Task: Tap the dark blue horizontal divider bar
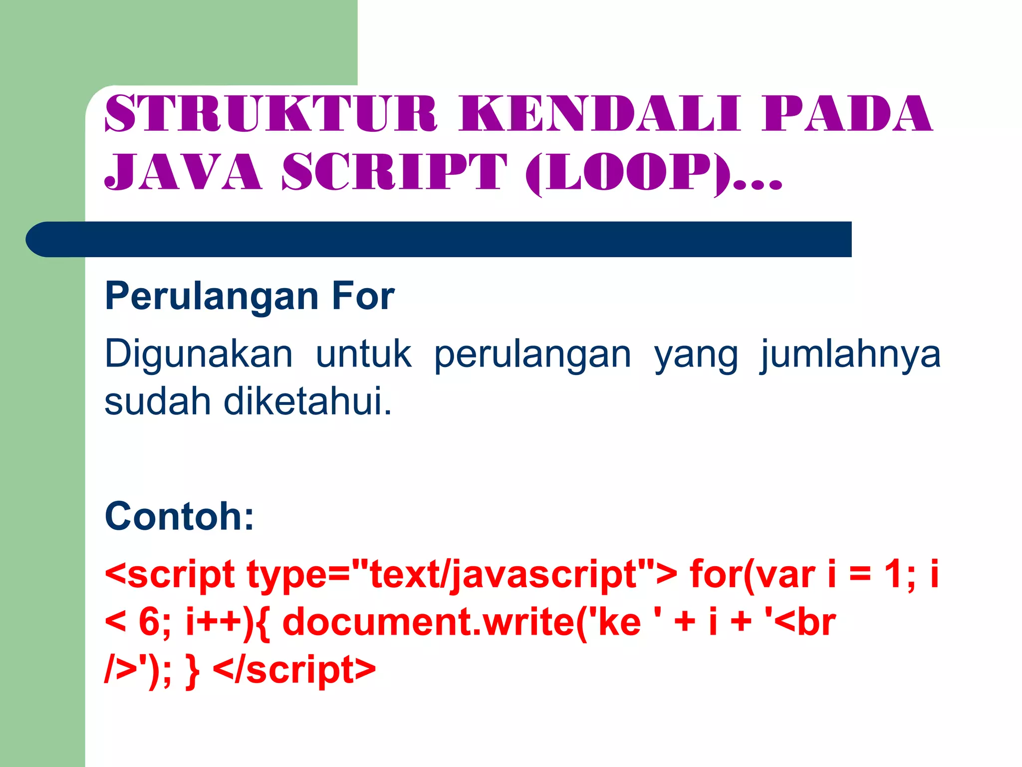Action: [x=439, y=239]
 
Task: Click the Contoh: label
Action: [x=180, y=516]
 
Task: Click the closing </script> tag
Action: [x=294, y=670]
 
